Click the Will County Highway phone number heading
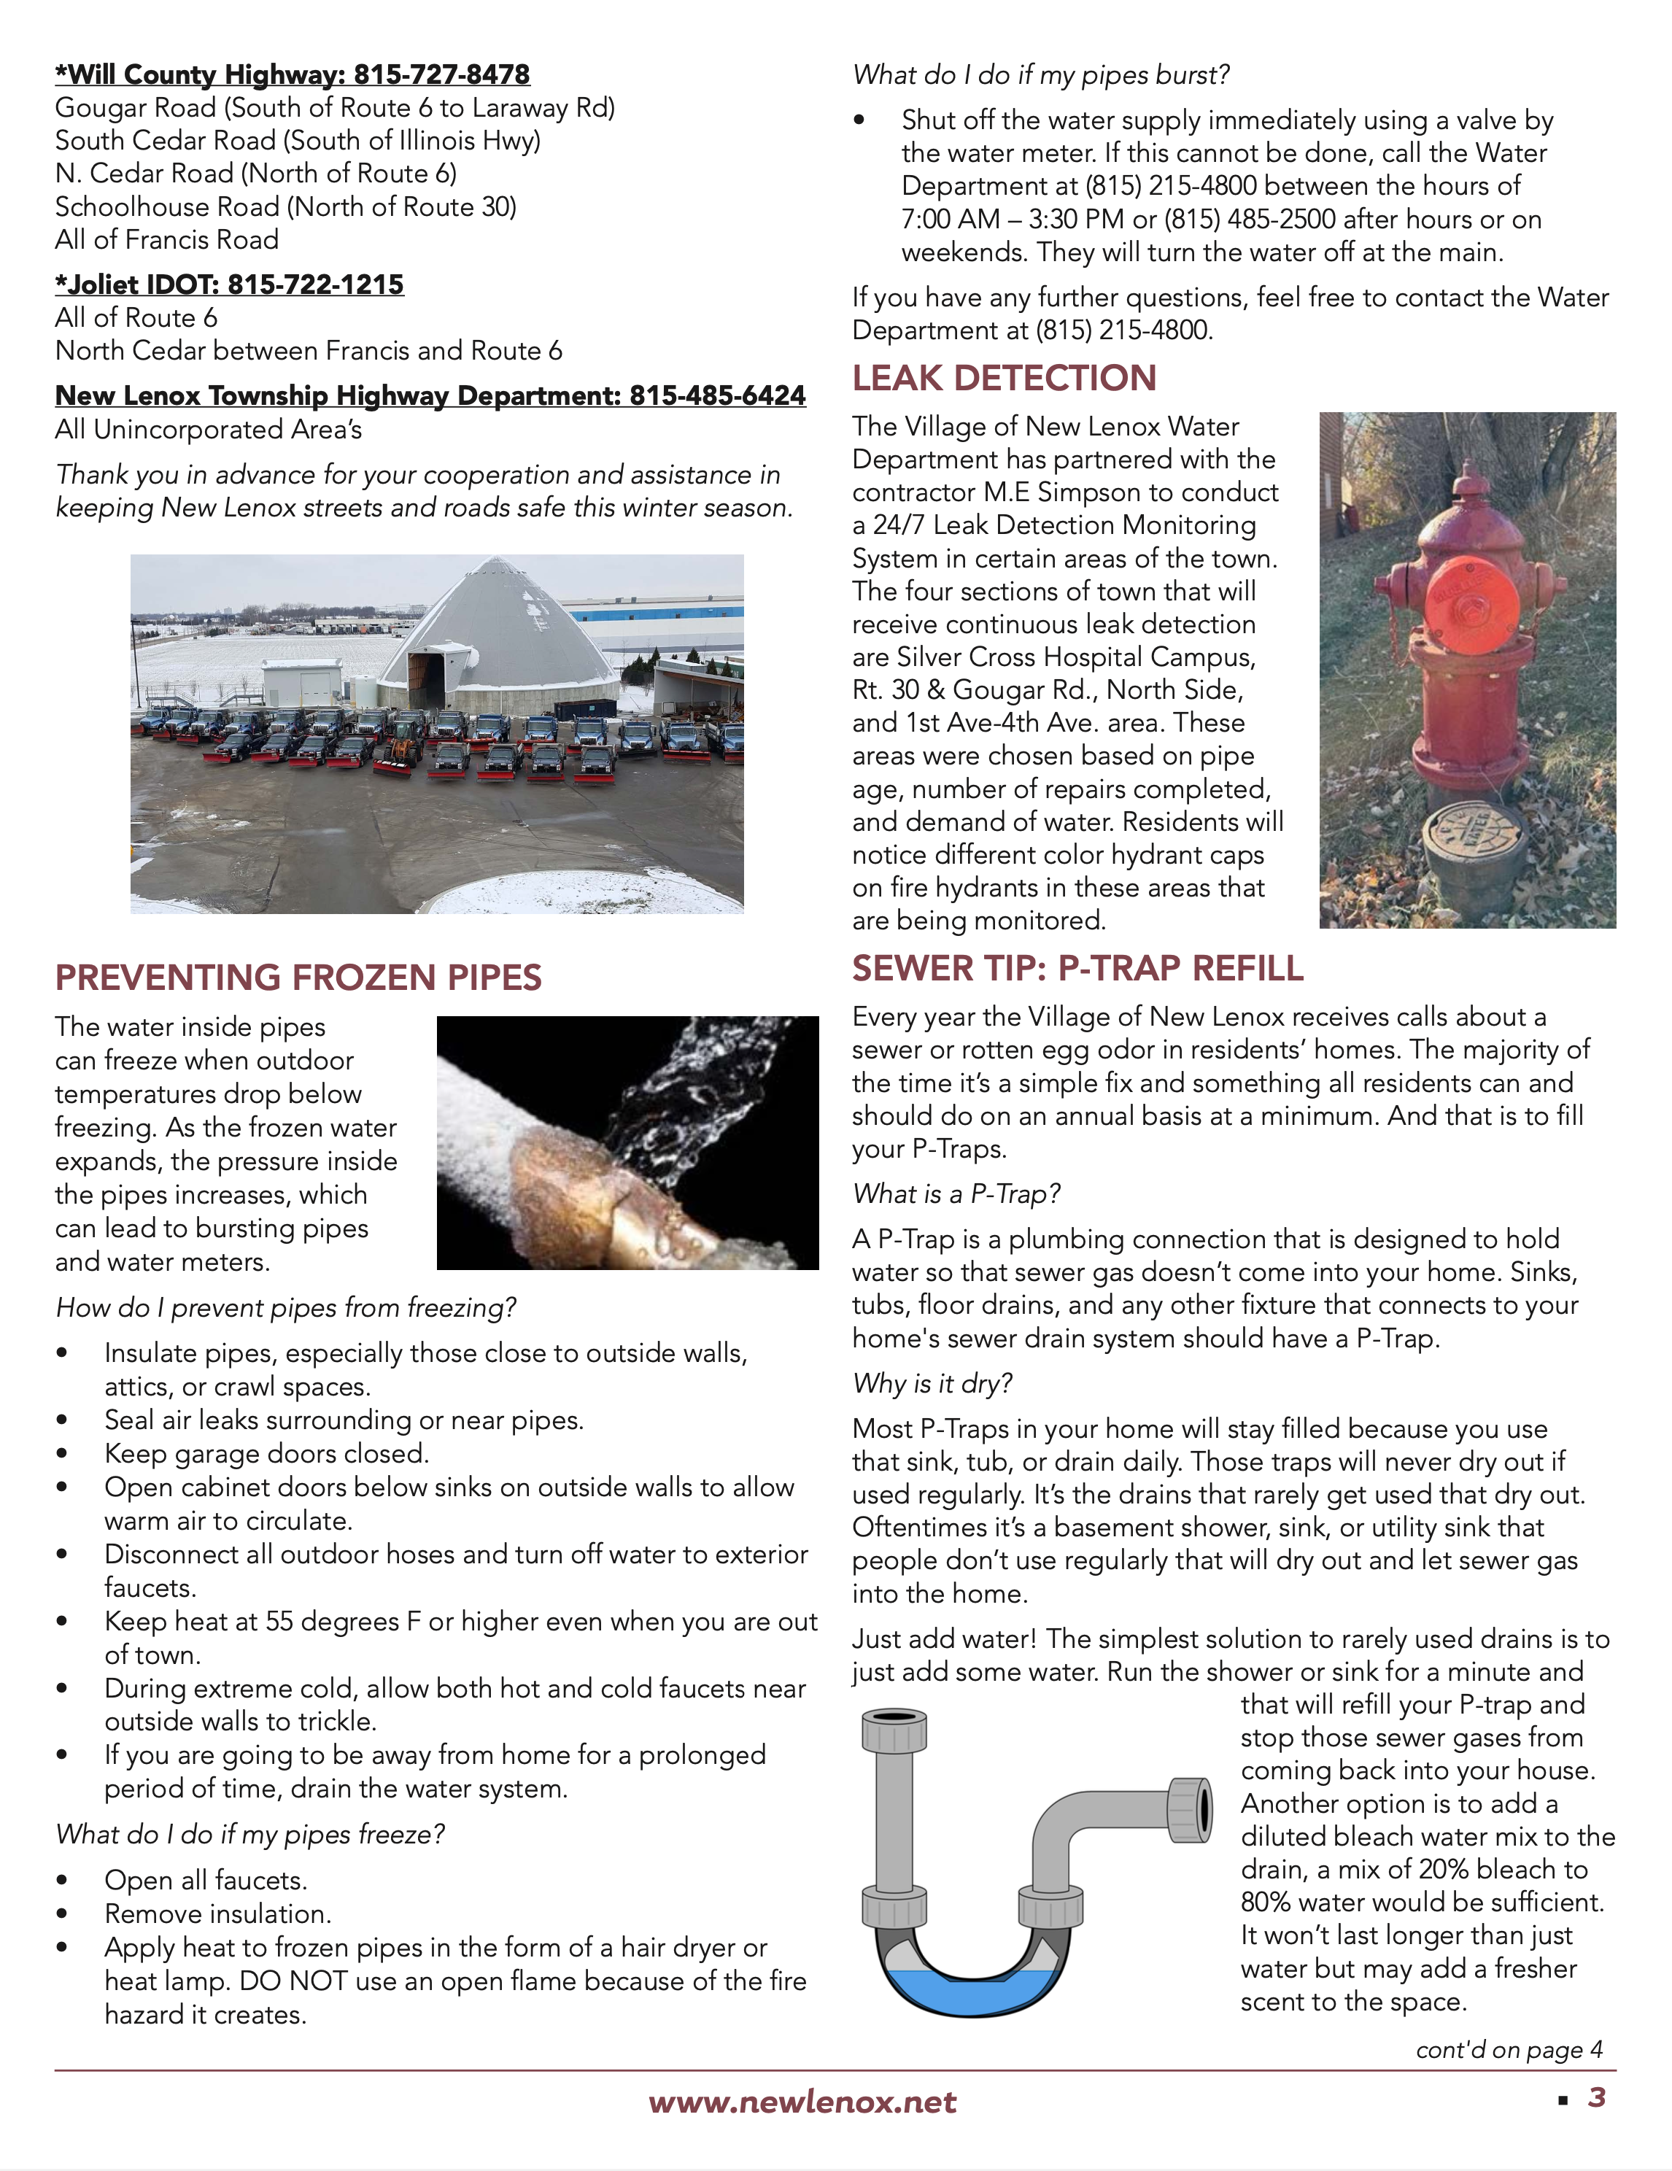pyautogui.click(x=293, y=74)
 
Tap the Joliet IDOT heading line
pyautogui.click(x=230, y=285)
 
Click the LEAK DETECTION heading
pyautogui.click(x=1004, y=378)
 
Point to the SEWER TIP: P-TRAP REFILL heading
pyautogui.click(x=1077, y=968)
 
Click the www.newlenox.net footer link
pyautogui.click(x=802, y=2102)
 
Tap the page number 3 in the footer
pyautogui.click(x=1596, y=2097)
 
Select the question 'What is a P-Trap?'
pyautogui.click(x=956, y=1194)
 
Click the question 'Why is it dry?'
pyautogui.click(x=932, y=1384)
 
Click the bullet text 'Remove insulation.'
pyautogui.click(x=217, y=1913)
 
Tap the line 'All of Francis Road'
pyautogui.click(x=167, y=239)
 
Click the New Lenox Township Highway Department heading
pyautogui.click(x=430, y=395)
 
